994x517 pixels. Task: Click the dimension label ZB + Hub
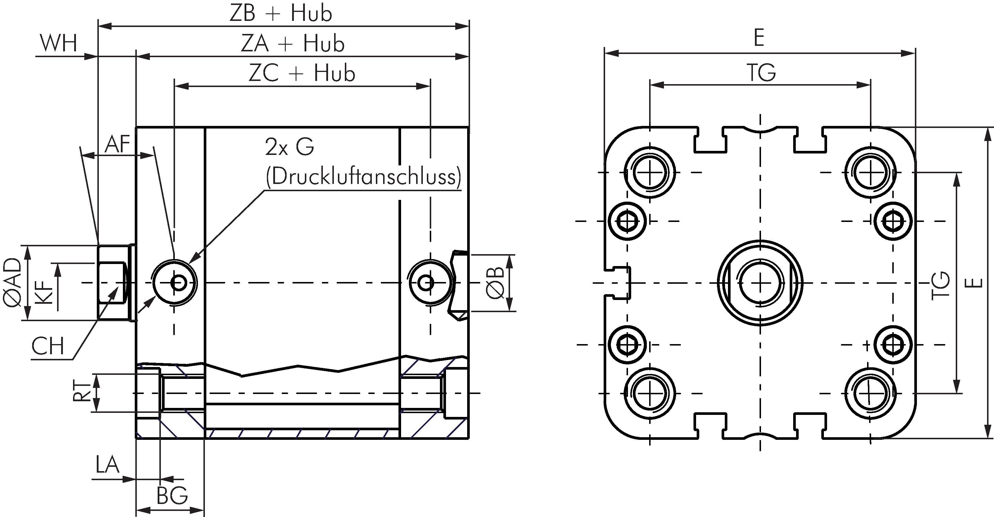[281, 14]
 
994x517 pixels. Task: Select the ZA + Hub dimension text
[292, 43]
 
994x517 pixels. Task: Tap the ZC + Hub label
[302, 73]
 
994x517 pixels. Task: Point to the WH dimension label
[59, 43]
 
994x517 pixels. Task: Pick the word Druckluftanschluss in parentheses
[363, 177]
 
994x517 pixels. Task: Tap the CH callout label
[48, 346]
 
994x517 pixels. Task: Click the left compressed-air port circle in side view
[175, 283]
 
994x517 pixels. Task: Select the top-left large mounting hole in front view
[649, 172]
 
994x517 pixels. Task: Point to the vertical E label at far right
[975, 283]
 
